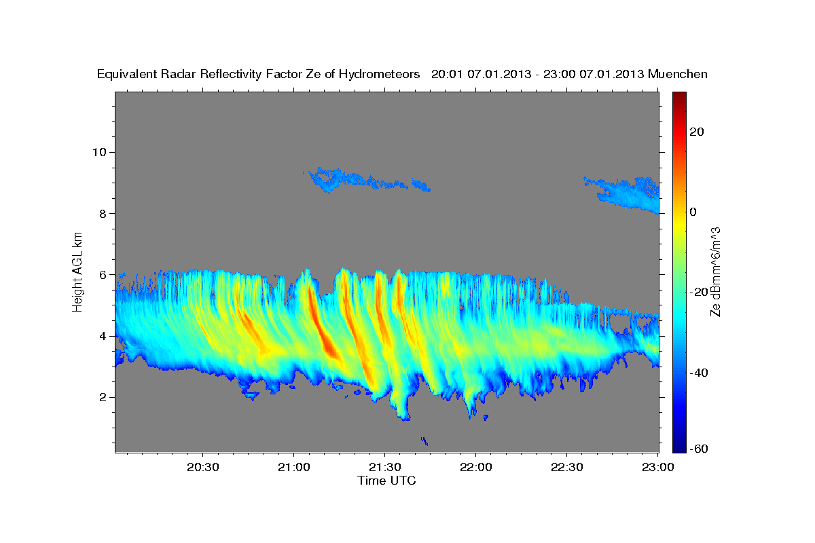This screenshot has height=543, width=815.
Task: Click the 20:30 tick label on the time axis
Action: [202, 467]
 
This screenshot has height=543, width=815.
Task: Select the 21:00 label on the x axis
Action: [293, 467]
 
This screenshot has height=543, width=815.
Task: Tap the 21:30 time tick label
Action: [384, 467]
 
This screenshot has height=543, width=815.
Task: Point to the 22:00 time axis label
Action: [475, 467]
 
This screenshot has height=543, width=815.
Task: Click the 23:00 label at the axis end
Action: [657, 467]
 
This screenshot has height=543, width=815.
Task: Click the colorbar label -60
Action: [702, 449]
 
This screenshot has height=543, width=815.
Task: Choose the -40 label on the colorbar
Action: [702, 373]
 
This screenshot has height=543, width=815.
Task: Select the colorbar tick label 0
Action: [693, 212]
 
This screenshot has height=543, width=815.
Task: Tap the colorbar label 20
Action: [696, 132]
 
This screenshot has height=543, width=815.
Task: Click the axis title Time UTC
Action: [386, 481]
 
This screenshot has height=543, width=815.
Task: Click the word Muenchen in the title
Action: [678, 74]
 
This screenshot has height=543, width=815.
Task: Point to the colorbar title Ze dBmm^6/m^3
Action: [715, 271]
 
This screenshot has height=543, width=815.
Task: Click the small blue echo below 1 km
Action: [424, 441]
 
